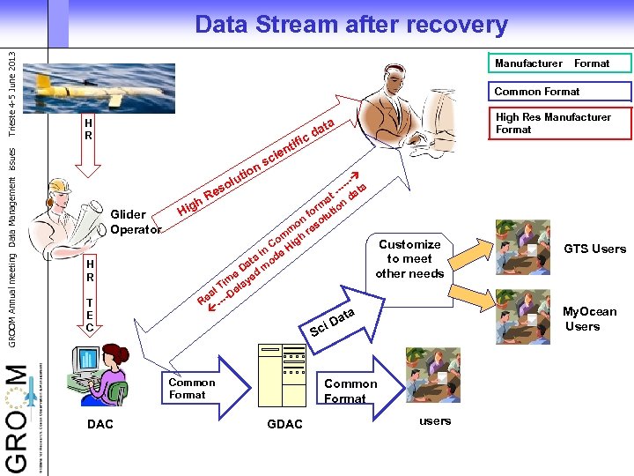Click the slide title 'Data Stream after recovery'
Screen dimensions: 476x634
(350, 24)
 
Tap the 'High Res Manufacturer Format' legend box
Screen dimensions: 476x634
(560, 123)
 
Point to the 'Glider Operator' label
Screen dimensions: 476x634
(136, 221)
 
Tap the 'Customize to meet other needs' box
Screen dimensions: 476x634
(409, 258)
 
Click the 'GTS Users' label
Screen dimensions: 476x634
(595, 249)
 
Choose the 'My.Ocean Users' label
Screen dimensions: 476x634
(589, 318)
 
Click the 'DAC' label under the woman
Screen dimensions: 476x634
(100, 424)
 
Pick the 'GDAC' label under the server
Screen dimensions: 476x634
(284, 424)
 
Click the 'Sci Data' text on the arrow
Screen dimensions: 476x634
(333, 323)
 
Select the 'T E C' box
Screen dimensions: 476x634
(90, 315)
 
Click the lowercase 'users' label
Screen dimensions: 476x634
(435, 420)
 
